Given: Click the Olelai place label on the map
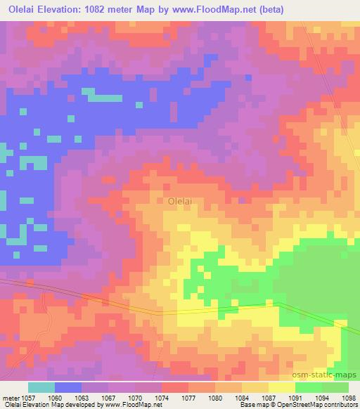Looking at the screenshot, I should (x=181, y=201).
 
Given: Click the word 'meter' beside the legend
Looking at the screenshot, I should (x=11, y=397).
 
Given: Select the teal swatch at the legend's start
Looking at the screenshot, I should (x=41, y=387).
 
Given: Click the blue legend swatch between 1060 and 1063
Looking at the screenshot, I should (x=67, y=387).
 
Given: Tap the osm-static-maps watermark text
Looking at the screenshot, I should (x=331, y=376).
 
